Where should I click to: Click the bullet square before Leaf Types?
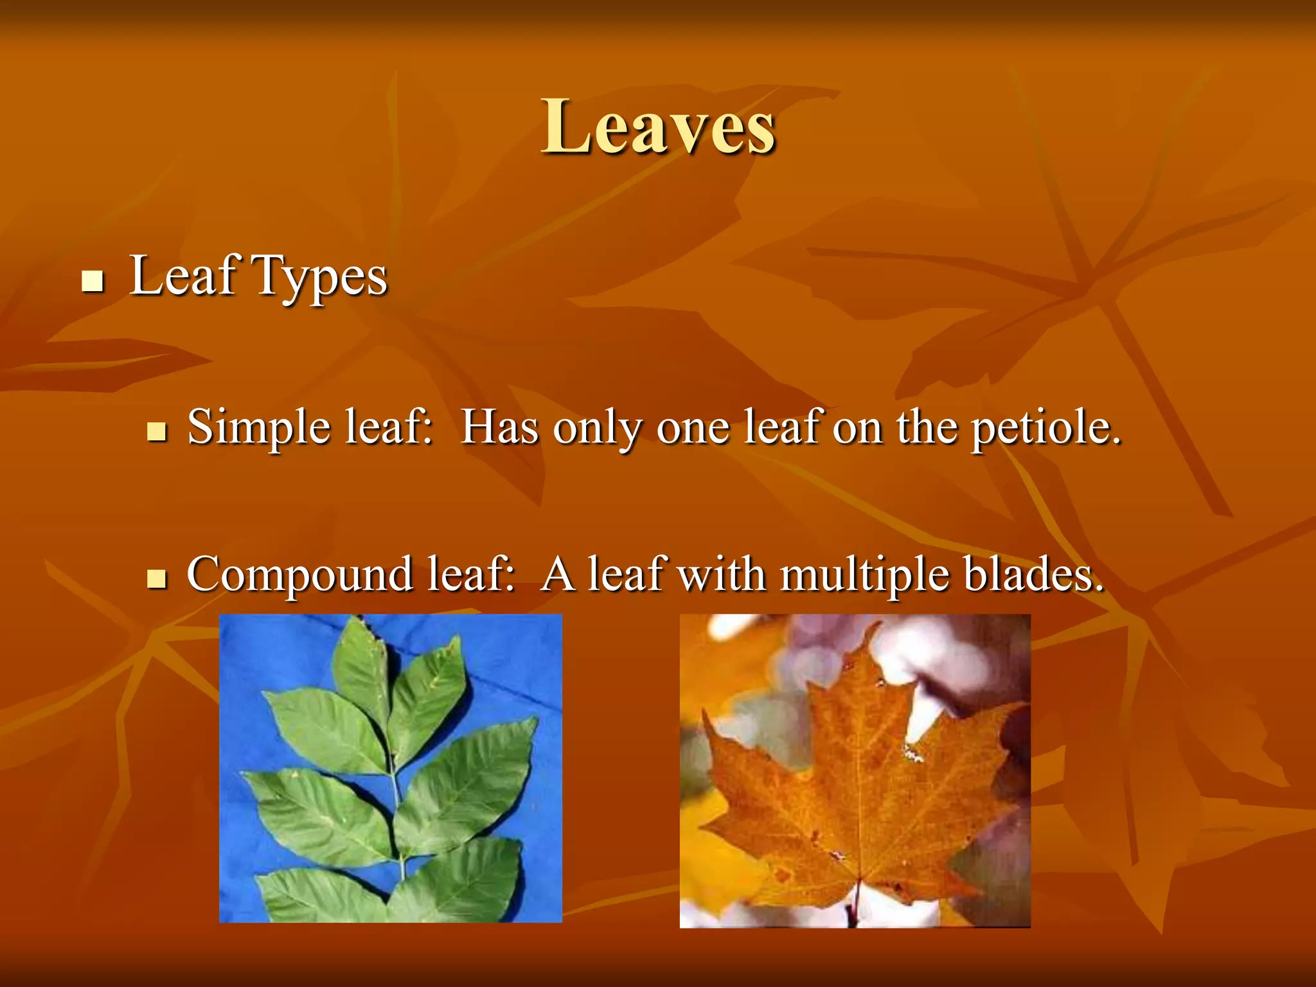coord(93,281)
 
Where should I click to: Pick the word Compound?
coord(299,574)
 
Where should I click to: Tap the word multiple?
coord(864,574)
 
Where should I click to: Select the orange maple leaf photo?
coord(855,770)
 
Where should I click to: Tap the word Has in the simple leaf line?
coord(500,427)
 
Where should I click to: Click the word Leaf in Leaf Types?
coord(184,276)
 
